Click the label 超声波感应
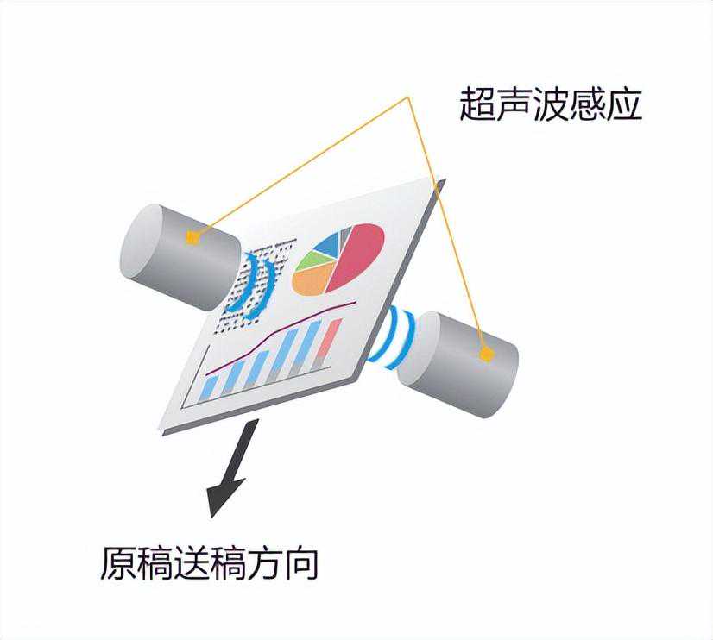tap(551, 104)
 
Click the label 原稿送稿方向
tap(209, 563)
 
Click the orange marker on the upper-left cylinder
tap(192, 237)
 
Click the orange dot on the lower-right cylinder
tap(487, 355)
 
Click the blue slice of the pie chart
tap(327, 243)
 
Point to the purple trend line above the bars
tap(281, 336)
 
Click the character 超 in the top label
tap(477, 104)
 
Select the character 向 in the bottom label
tap(300, 564)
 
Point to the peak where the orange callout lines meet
tap(409, 97)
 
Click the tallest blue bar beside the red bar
tap(306, 347)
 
